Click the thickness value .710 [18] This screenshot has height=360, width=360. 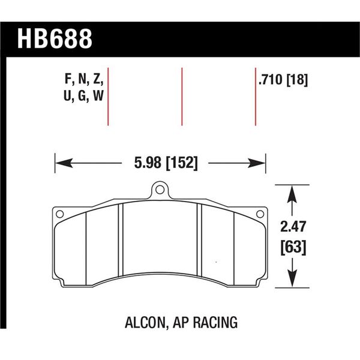[x=283, y=80]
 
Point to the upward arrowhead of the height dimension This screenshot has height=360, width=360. [x=292, y=192]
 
